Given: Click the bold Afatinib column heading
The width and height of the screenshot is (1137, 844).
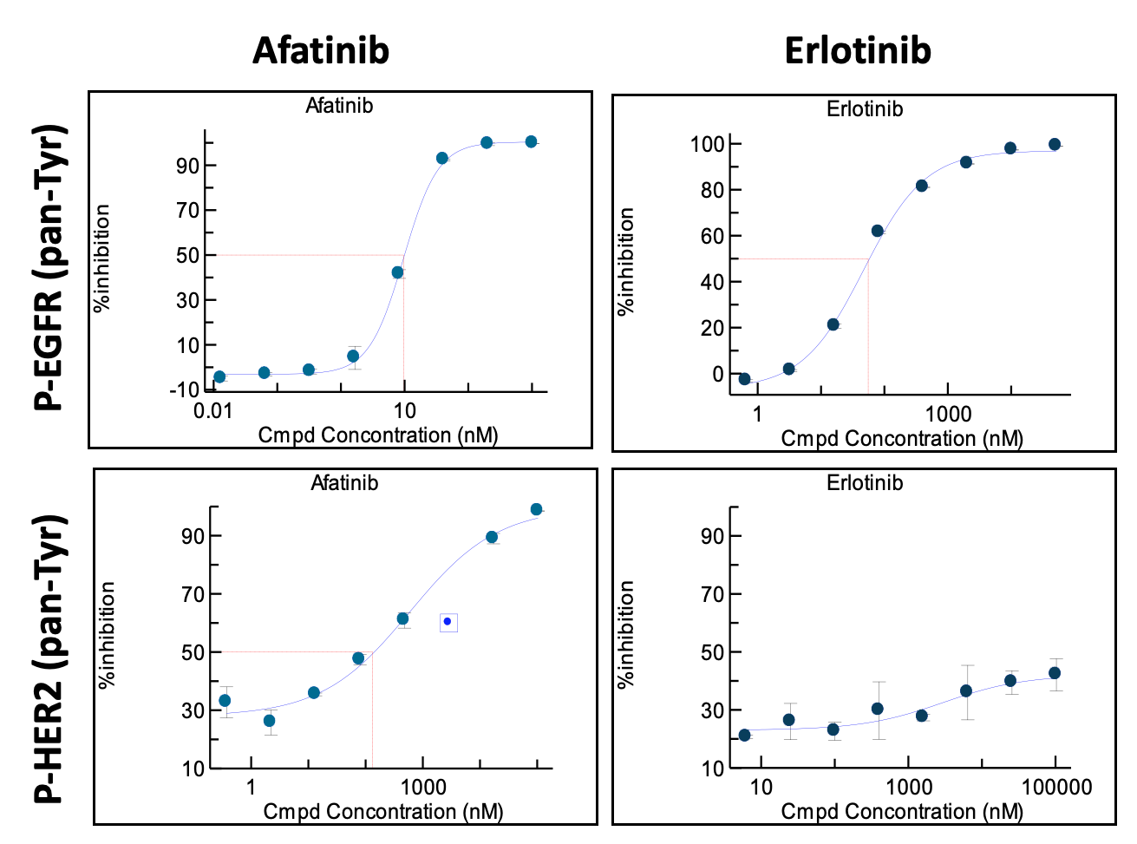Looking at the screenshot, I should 321,50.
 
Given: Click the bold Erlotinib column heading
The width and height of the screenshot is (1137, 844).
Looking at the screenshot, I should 857,50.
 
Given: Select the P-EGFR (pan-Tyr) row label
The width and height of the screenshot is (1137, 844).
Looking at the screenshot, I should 49,267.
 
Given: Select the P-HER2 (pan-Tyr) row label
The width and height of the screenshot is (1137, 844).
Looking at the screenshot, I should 49,659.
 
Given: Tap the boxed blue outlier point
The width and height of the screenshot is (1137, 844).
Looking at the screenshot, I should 448,622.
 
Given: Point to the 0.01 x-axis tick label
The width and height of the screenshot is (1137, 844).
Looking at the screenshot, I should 212,410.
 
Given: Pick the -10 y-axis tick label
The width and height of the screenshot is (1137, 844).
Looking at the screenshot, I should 184,389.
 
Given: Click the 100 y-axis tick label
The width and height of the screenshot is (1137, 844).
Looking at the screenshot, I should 706,144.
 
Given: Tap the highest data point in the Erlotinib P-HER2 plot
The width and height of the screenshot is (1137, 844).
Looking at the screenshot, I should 1055,673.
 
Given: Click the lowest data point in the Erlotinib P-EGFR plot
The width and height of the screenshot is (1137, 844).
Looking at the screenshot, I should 744,379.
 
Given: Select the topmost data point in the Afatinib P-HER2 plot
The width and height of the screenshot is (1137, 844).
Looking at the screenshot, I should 536,510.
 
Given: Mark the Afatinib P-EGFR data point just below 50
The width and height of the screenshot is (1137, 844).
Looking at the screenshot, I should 397,272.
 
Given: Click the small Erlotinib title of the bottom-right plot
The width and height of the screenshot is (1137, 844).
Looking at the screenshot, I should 865,483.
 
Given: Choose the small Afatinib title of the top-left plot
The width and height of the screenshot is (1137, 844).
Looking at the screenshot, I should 339,106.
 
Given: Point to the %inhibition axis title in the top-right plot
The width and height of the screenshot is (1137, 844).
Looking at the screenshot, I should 626,260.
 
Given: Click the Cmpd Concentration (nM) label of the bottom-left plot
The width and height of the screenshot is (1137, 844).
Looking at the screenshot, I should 382,812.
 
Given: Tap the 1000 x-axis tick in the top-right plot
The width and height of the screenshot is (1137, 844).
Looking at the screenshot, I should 948,414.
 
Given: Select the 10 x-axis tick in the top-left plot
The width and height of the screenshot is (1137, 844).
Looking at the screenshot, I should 404,410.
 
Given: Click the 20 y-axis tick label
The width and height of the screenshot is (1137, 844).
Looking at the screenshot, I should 712,328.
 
